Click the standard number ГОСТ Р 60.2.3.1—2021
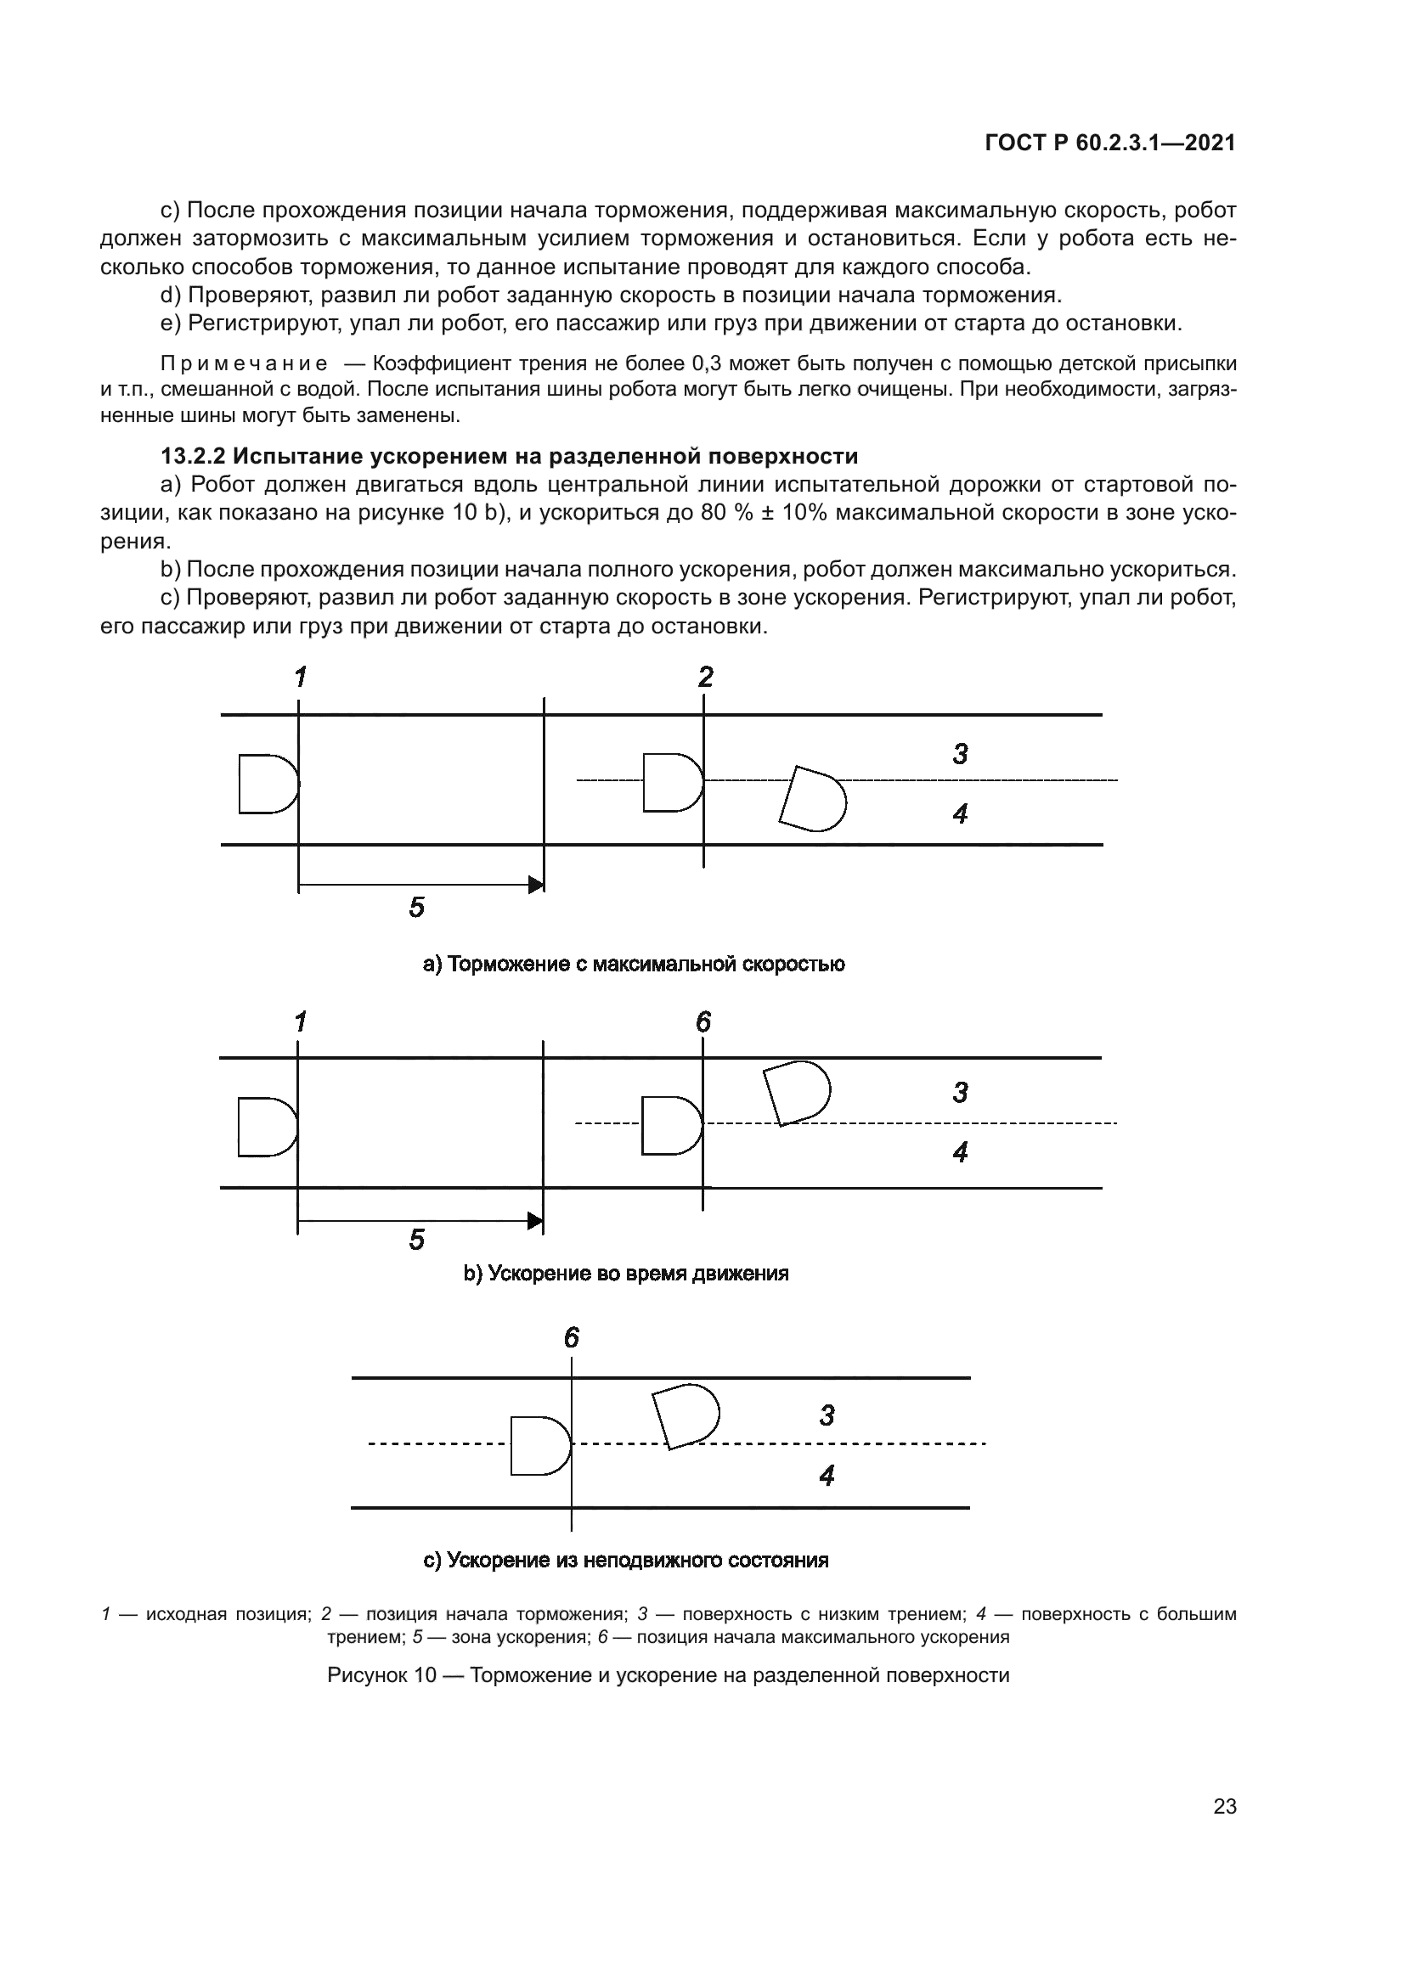1110,143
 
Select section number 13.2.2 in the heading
192,456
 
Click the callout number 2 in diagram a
706,678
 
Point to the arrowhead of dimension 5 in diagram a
536,885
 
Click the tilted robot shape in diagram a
813,798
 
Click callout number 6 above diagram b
703,1023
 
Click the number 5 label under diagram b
416,1241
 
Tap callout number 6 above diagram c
572,1339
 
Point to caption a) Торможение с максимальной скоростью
634,965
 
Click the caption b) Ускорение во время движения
626,1274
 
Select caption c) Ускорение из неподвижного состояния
625,1561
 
